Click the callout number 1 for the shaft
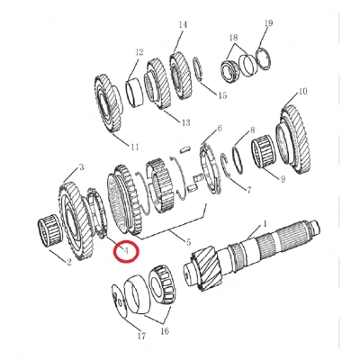265,224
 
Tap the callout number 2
69,263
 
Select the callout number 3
81,167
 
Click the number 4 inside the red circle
126,250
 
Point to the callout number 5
188,242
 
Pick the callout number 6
220,129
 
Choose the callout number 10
303,91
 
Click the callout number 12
139,52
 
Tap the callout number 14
183,24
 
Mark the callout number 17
141,337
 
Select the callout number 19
268,22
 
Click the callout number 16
165,331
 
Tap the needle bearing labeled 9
263,152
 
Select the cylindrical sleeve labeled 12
135,92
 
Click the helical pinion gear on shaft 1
206,268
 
